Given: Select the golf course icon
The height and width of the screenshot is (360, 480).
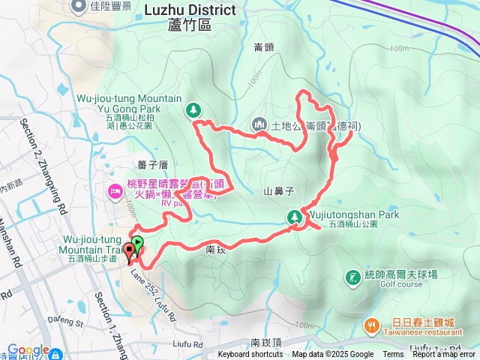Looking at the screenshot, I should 352,278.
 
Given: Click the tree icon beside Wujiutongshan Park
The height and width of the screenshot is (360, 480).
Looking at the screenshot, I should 293,217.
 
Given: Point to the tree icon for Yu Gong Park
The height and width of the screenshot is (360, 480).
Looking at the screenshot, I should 194,110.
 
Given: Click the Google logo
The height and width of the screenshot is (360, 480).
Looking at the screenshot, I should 28,350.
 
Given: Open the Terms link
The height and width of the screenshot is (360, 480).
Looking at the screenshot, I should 393,355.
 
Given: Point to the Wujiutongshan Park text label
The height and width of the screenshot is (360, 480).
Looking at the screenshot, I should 352,214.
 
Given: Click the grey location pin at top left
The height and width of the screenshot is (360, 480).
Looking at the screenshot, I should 79,7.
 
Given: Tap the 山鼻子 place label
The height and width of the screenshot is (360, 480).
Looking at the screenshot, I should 277,191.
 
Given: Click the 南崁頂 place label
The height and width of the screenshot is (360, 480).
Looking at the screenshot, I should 265,342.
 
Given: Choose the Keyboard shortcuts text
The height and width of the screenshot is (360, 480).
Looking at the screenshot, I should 250,355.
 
